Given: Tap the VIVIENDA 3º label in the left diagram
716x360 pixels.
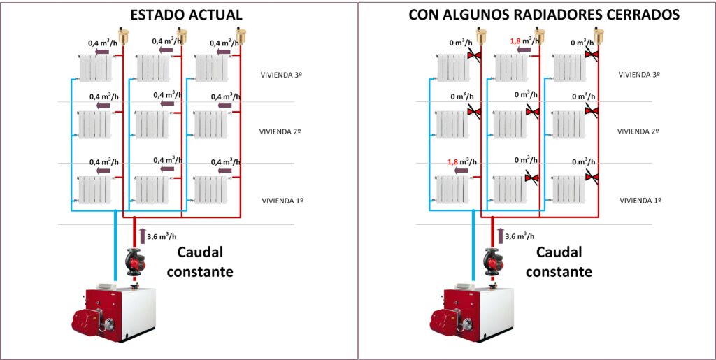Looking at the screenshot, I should (280, 73).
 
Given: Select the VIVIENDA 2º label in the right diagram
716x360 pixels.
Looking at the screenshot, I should (638, 131).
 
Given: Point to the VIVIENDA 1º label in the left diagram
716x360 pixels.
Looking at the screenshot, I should (282, 201).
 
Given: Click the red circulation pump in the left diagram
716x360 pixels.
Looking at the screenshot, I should (135, 261).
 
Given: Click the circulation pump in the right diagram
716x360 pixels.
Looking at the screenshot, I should (492, 261).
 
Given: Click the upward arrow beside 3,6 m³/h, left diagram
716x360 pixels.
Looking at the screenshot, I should (143, 236).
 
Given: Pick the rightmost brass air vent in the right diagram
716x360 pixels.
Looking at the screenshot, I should (598, 33).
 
